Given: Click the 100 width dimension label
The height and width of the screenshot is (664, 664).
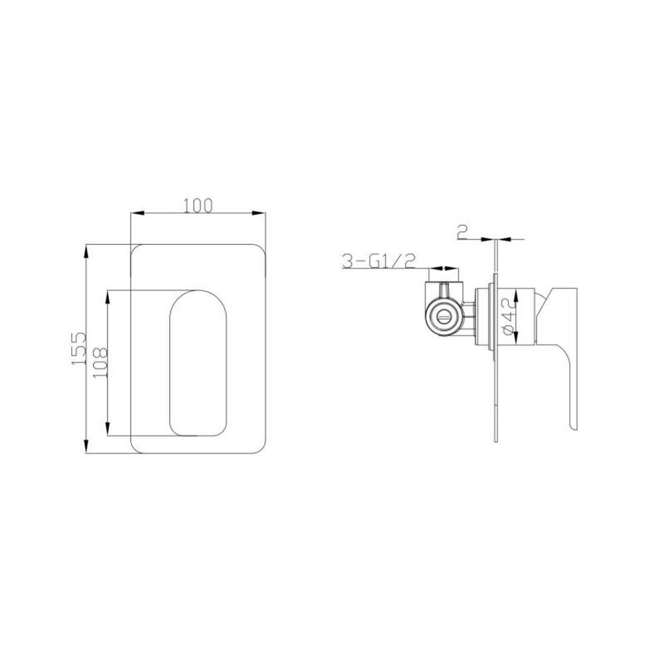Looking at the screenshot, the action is point(198,205).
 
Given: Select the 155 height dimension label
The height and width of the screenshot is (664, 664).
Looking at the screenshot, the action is point(79,349).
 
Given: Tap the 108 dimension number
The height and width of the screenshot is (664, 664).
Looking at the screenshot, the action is point(100,363).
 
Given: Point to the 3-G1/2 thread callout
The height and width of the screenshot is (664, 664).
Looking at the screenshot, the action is point(379,261).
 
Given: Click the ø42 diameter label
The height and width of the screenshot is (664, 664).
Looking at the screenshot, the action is point(509,316).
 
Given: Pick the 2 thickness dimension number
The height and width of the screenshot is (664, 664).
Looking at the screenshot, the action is point(462,232).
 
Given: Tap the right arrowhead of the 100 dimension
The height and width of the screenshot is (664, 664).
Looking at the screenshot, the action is point(259,213).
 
